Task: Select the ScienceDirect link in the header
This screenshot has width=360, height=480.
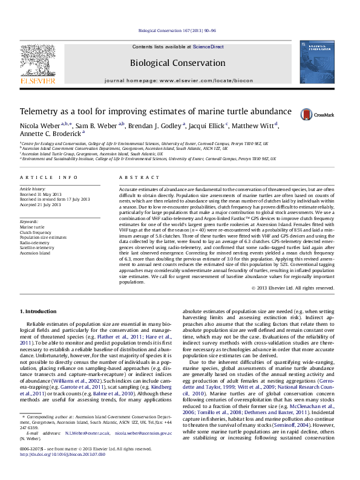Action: [x=208, y=47]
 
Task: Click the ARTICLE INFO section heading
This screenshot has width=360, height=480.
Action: [x=49, y=177]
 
